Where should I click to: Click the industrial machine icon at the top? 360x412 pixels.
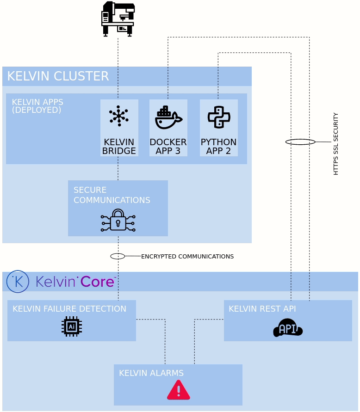(x=118, y=19)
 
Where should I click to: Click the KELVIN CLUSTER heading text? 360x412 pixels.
(x=58, y=76)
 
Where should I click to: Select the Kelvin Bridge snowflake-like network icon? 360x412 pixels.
(x=119, y=116)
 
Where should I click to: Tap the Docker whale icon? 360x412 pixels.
(x=168, y=118)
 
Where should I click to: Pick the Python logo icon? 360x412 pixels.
(x=219, y=117)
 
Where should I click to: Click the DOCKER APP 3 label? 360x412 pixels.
(x=168, y=147)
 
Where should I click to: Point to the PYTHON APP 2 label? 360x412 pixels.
(x=218, y=147)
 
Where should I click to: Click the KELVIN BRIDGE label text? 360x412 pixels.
(x=119, y=147)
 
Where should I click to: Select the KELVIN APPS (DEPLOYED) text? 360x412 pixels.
(x=37, y=106)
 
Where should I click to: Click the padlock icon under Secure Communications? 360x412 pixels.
(x=118, y=220)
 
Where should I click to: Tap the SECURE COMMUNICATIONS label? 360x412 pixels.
(x=112, y=195)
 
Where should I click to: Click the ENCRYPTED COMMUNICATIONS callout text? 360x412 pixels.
(x=187, y=256)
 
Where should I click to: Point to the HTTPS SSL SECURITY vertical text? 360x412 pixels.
(x=336, y=144)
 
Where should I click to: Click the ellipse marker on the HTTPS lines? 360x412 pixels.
(x=300, y=142)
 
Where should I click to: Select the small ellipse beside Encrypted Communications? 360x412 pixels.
(x=118, y=256)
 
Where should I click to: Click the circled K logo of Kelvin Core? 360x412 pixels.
(x=18, y=282)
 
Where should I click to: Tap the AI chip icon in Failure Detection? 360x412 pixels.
(x=72, y=326)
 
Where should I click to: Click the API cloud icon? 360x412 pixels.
(x=288, y=328)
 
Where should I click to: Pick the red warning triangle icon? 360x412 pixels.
(x=178, y=390)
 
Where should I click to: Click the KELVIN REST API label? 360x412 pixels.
(x=262, y=309)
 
